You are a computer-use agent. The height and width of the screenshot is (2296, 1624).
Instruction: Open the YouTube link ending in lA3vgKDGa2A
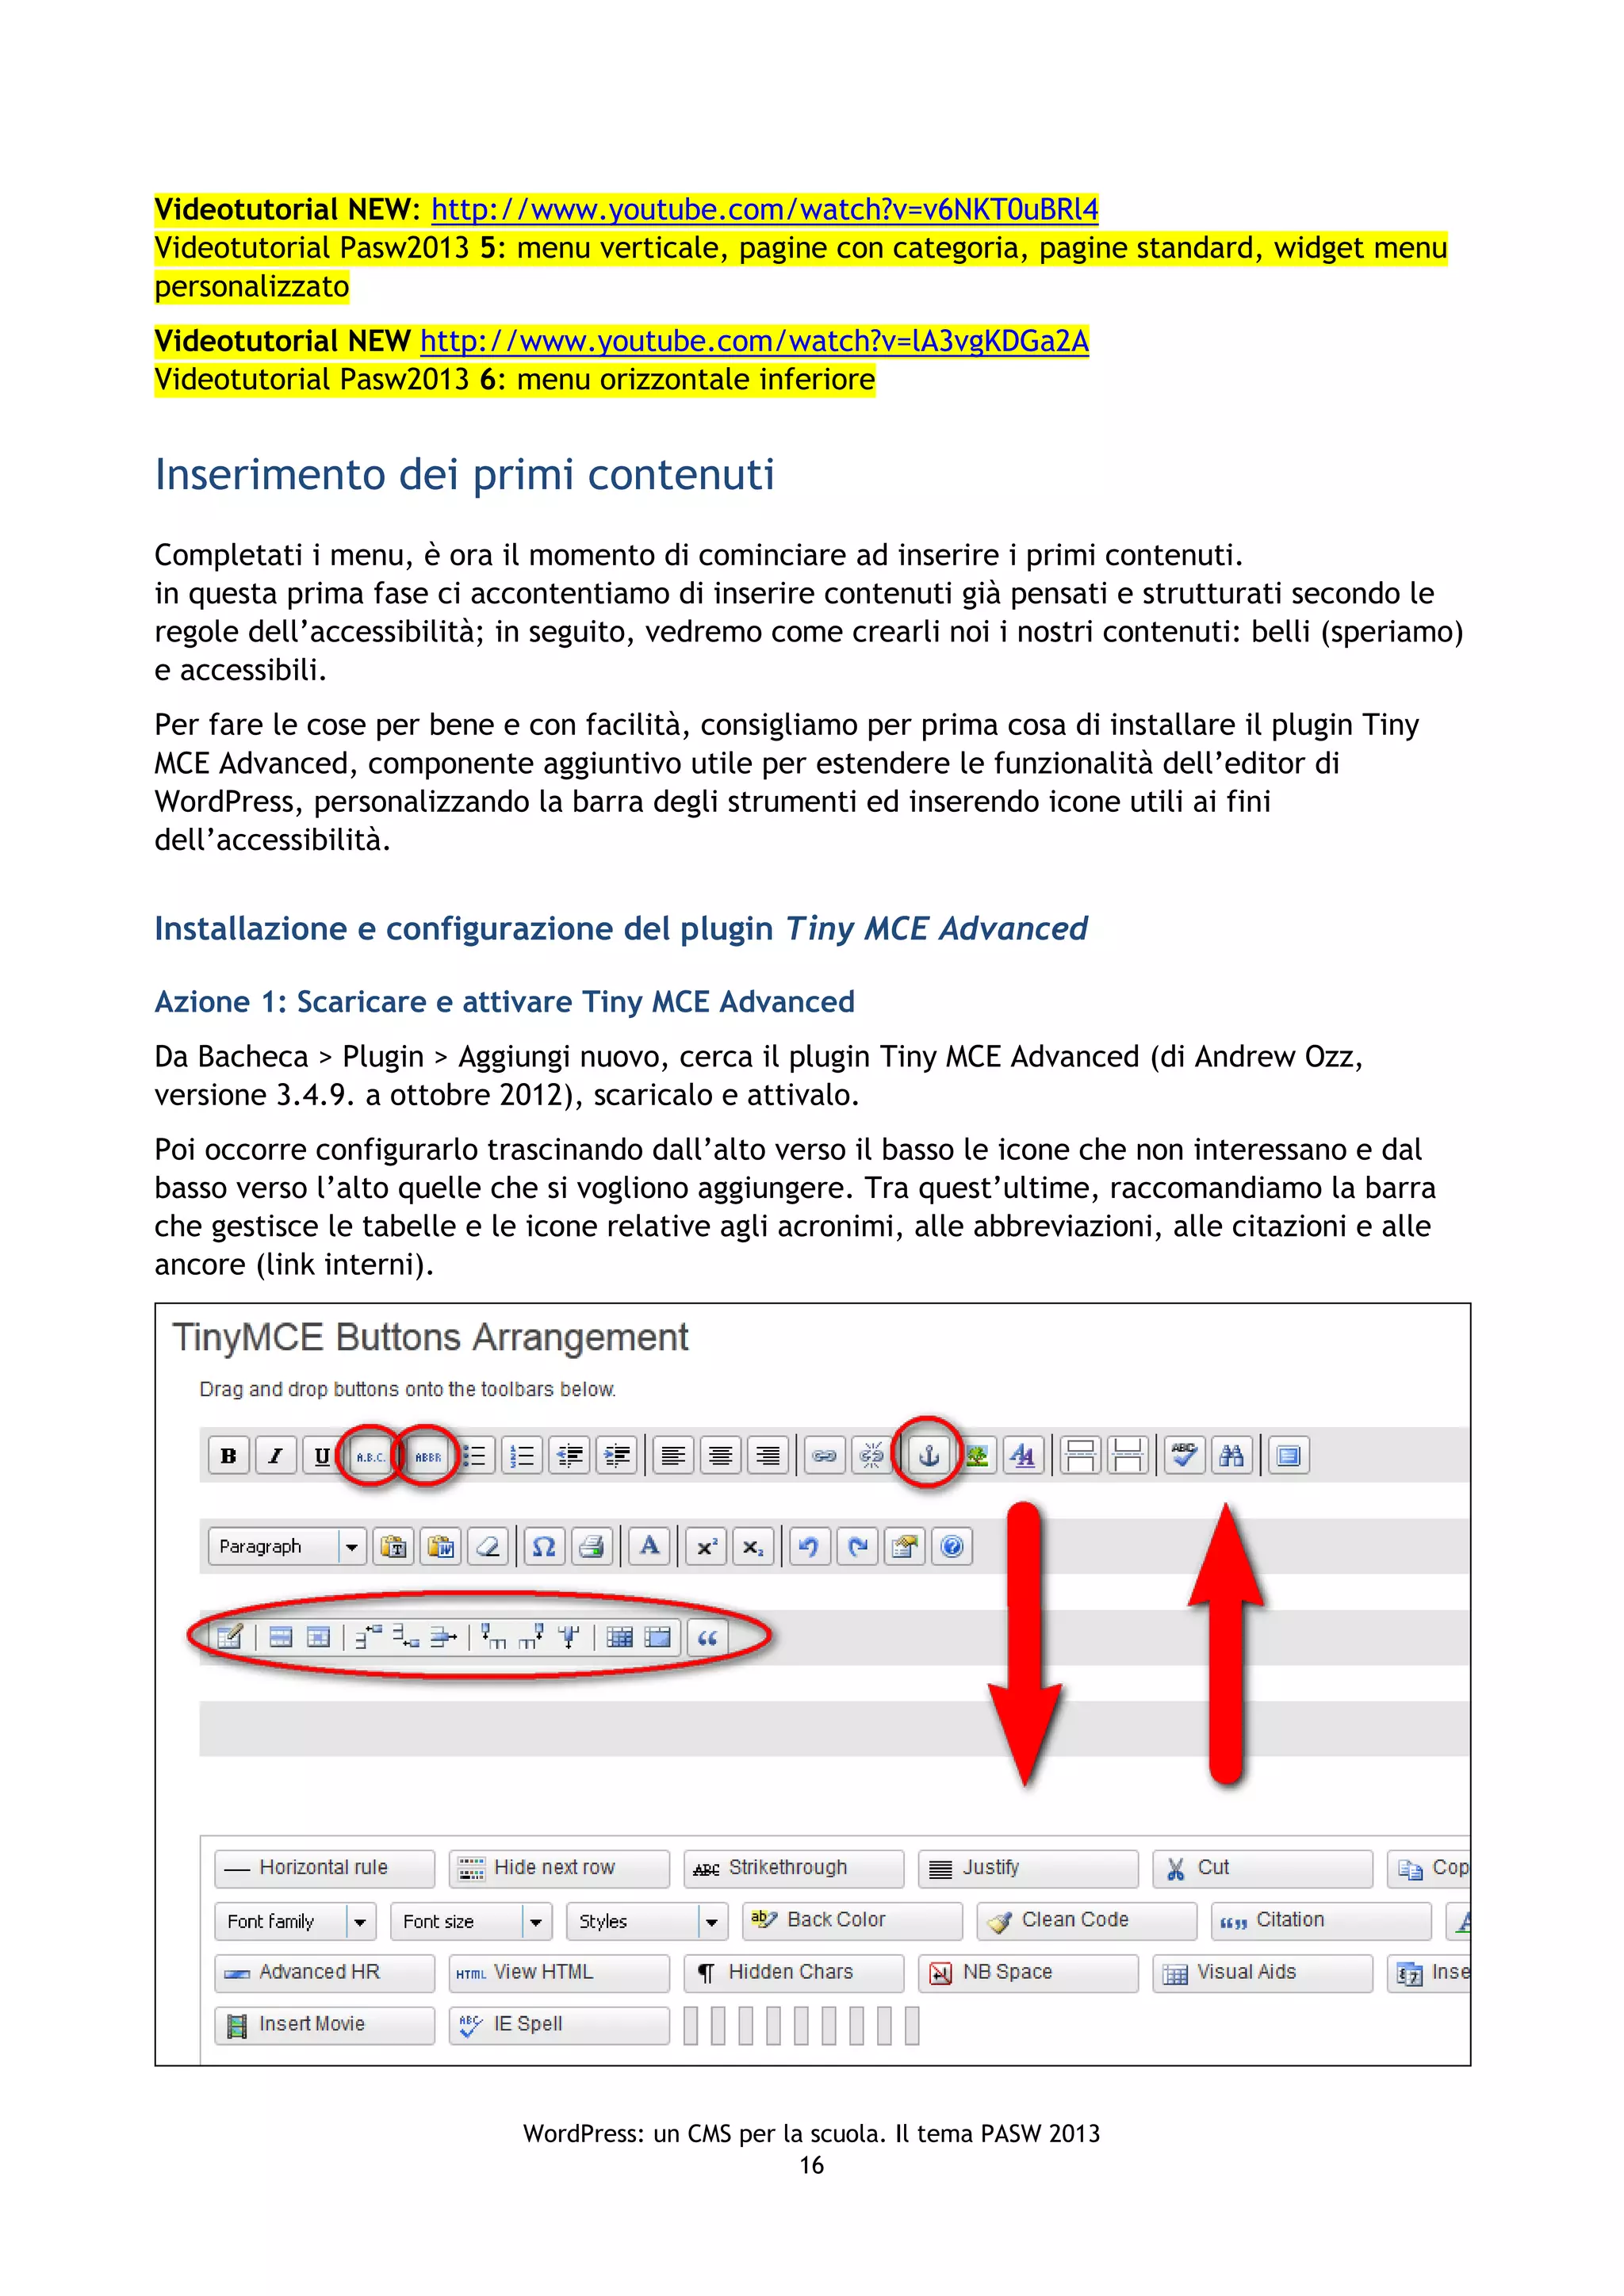[x=753, y=342]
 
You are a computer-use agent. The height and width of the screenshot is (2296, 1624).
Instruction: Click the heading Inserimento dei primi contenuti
[x=464, y=474]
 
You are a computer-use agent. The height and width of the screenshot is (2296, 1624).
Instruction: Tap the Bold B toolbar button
[x=229, y=1455]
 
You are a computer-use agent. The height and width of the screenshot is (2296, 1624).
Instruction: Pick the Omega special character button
[x=543, y=1547]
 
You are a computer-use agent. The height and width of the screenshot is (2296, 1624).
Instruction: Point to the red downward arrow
[x=1024, y=1650]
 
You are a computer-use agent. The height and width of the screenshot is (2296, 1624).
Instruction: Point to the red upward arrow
[x=1226, y=1640]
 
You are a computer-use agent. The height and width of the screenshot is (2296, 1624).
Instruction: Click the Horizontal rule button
[x=324, y=1868]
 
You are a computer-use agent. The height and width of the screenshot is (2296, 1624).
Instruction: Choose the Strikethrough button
[x=793, y=1868]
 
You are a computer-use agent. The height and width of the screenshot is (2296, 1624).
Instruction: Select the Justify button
[x=1027, y=1868]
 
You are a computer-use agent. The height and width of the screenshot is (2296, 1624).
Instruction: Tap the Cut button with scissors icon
[x=1261, y=1868]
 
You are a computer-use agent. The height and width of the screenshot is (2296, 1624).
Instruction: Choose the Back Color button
[x=854, y=1920]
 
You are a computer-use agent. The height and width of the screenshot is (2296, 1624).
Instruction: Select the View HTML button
[x=558, y=1972]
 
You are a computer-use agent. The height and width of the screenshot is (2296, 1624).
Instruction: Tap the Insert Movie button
[x=324, y=2024]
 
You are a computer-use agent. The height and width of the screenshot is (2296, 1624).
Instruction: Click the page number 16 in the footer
[x=811, y=2165]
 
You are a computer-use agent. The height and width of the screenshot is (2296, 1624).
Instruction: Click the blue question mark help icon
[x=952, y=1547]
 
